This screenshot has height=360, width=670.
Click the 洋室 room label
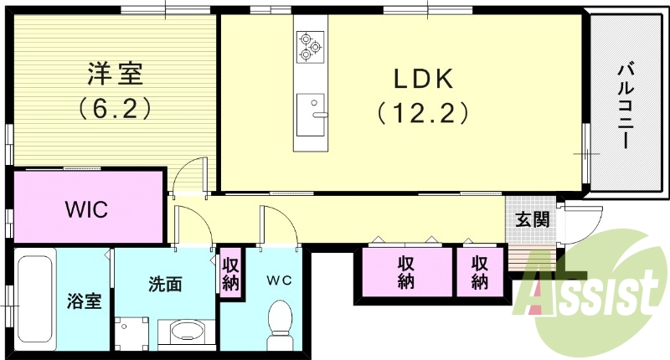(x=115, y=74)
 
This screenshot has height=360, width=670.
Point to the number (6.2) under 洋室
(x=115, y=107)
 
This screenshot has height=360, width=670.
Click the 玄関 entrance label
(x=532, y=220)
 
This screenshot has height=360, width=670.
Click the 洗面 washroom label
(x=165, y=285)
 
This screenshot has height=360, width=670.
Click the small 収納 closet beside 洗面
(x=230, y=272)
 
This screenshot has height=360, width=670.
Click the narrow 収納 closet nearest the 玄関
(x=479, y=271)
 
